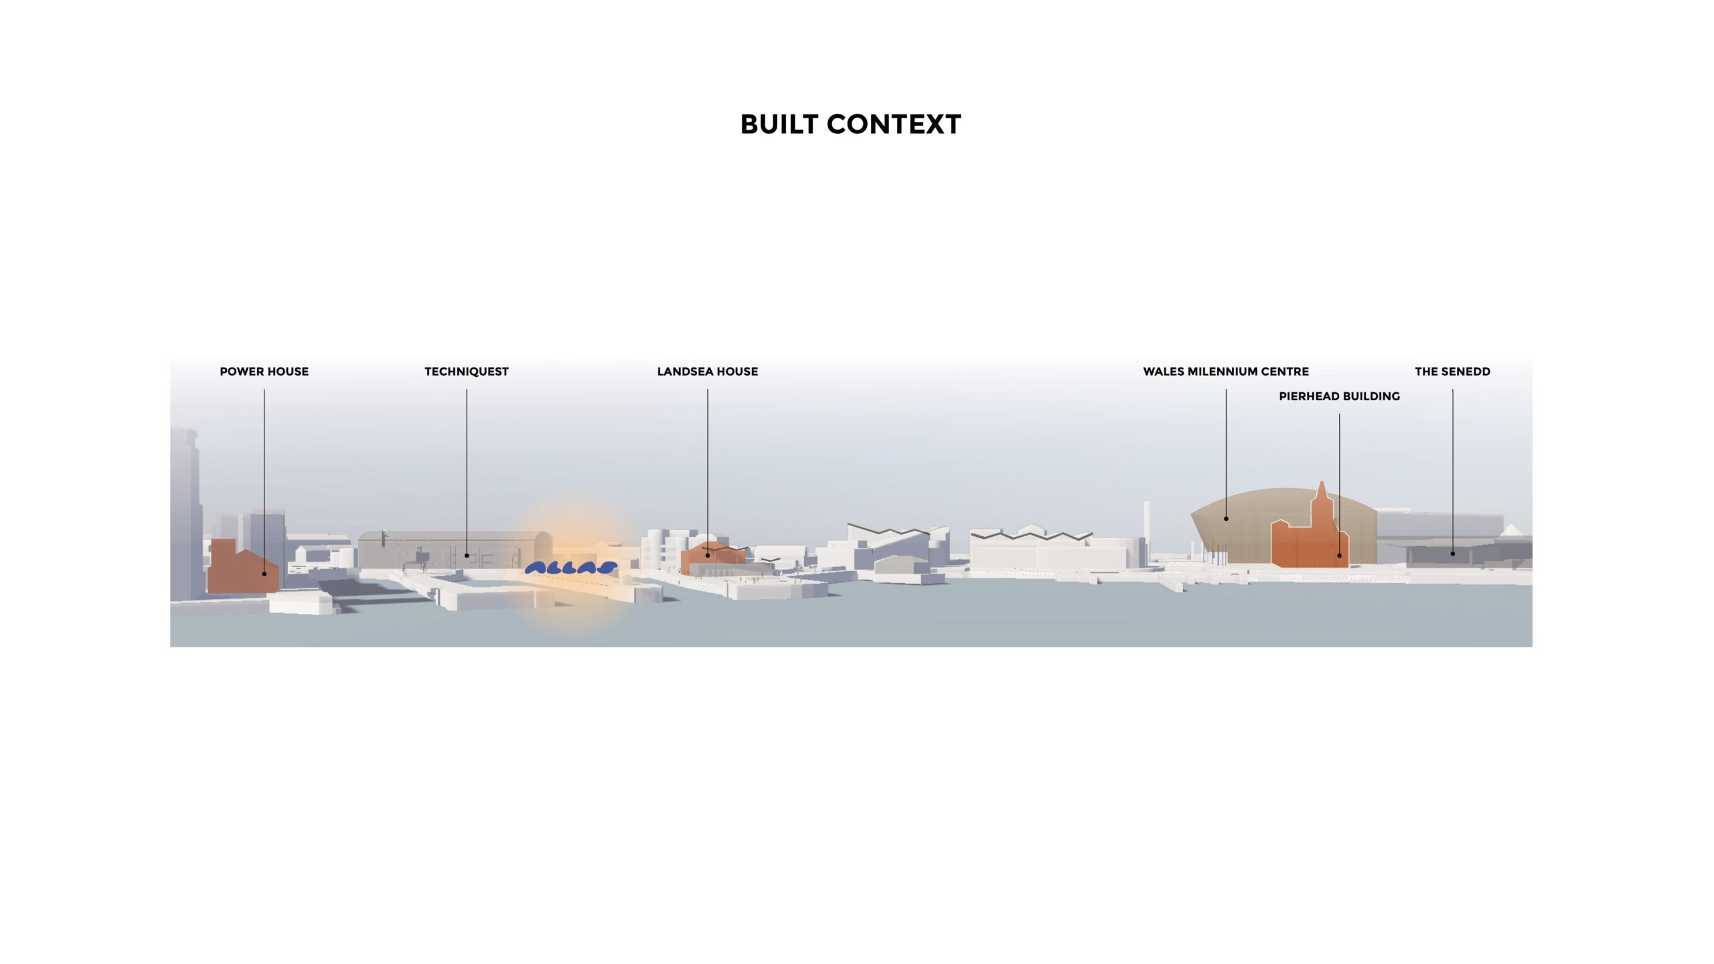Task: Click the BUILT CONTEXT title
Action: [x=850, y=125]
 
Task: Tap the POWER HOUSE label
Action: [x=264, y=372]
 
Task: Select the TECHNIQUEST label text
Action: [x=467, y=372]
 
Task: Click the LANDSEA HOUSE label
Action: [x=708, y=372]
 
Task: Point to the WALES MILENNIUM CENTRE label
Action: [x=1226, y=372]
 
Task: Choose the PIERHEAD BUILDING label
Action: [x=1339, y=396]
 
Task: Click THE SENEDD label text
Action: [x=1452, y=372]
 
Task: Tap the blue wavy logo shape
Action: [x=570, y=568]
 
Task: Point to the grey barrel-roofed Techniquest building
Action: [x=455, y=550]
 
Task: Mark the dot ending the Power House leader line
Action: [x=264, y=574]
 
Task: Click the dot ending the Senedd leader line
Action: [x=1452, y=554]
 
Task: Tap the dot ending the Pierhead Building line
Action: [x=1339, y=555]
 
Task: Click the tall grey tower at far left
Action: [x=185, y=514]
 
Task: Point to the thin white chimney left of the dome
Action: [x=1146, y=532]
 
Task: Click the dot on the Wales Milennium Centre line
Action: [x=1226, y=518]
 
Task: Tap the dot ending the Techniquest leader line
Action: [x=467, y=555]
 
